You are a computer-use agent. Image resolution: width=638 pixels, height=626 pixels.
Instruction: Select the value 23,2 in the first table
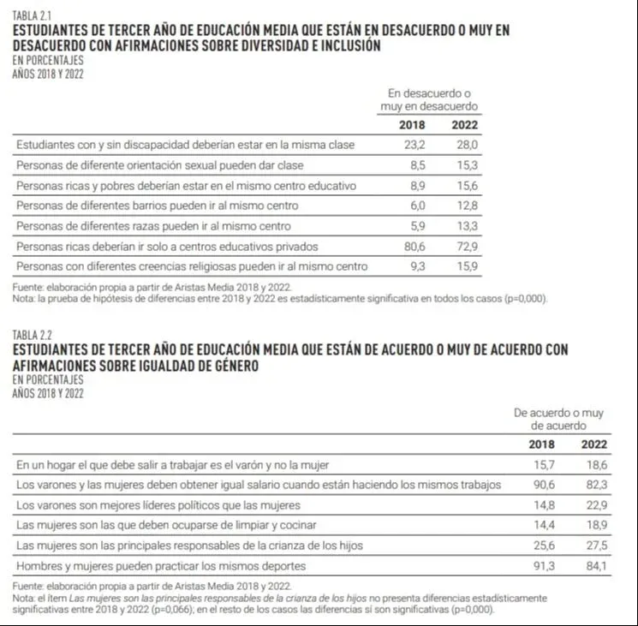coord(414,145)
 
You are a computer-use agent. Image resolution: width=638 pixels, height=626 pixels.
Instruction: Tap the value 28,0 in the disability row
coord(466,145)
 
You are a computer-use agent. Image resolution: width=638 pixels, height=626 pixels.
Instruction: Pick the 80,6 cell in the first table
coord(414,246)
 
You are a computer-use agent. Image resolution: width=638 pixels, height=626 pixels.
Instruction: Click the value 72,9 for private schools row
coord(466,246)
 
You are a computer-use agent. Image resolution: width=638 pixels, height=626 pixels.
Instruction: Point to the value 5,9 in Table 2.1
coord(416,225)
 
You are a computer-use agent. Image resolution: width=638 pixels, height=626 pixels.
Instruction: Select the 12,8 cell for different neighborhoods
coord(466,206)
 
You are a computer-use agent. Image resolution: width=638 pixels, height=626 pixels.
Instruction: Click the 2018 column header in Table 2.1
coord(412,125)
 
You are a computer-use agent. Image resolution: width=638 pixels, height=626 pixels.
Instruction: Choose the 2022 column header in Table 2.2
coord(594,444)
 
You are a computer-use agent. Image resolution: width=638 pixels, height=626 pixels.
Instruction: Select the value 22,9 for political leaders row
coord(594,505)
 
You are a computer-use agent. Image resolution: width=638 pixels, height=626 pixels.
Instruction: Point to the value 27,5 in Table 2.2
coord(594,546)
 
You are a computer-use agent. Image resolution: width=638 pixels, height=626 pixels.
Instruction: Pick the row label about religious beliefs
coord(192,266)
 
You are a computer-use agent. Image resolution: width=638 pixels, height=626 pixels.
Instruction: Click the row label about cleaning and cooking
coord(166,525)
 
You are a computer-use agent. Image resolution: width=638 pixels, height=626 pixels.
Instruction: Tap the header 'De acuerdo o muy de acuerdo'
coord(558,419)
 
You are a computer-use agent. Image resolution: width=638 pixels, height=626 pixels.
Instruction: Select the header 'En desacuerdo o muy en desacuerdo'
coord(429,99)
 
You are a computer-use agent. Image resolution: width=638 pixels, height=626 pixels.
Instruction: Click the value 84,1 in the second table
coord(594,566)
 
